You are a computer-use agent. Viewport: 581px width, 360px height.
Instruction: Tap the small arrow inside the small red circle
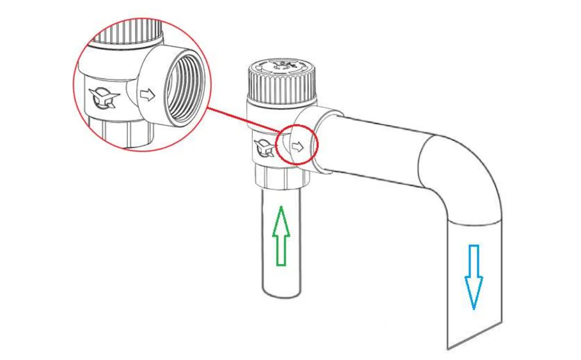pyautogui.click(x=298, y=147)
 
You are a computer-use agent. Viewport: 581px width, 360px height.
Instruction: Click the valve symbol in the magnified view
pyautogui.click(x=104, y=98)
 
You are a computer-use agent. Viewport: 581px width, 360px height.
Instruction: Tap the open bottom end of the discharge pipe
pyautogui.click(x=475, y=336)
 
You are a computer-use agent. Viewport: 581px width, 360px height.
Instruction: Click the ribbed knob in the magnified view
pyautogui.click(x=127, y=32)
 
